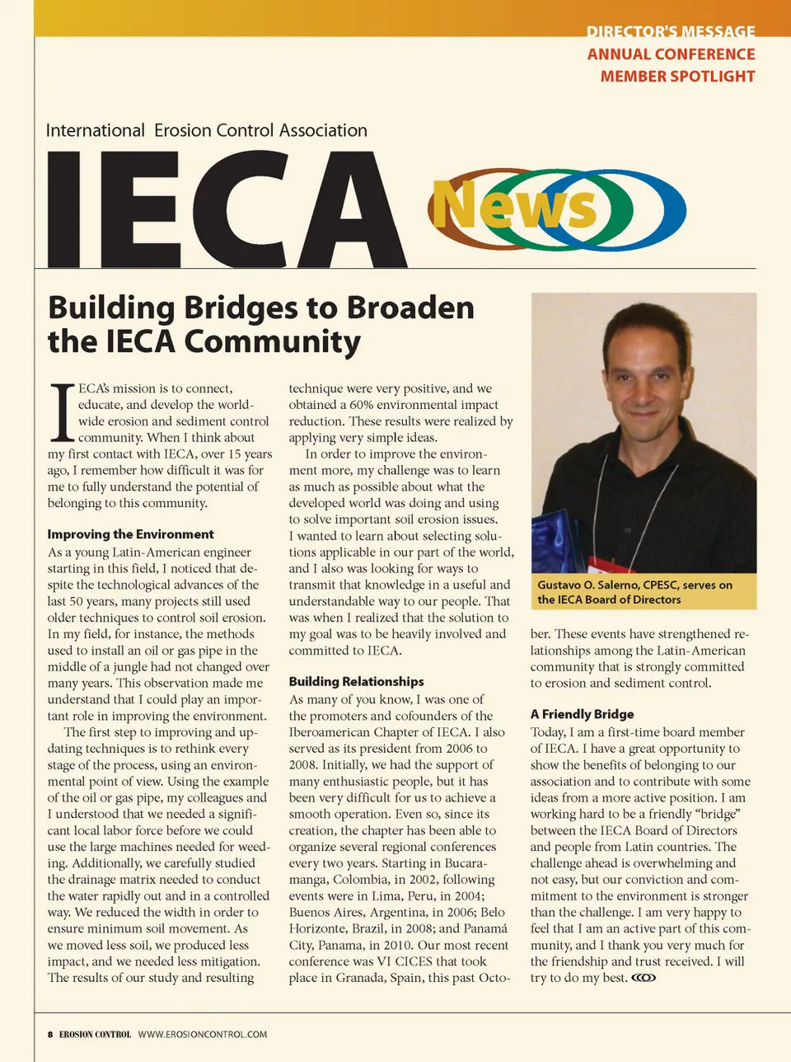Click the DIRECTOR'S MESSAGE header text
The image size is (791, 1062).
pos(670,32)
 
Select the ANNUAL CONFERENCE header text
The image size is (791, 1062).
pos(671,54)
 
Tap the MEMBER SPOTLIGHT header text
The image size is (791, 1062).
pos(677,77)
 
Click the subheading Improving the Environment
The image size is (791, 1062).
pos(130,534)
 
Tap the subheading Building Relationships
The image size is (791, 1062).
pos(356,682)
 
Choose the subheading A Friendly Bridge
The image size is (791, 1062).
pos(582,714)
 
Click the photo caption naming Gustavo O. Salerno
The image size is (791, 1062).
pos(634,592)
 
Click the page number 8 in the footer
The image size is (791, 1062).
pos(50,1034)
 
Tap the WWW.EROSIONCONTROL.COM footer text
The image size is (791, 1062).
pos(203,1034)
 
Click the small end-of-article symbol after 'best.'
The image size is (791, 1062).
pos(644,979)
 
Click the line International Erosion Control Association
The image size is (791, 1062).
pos(207,130)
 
